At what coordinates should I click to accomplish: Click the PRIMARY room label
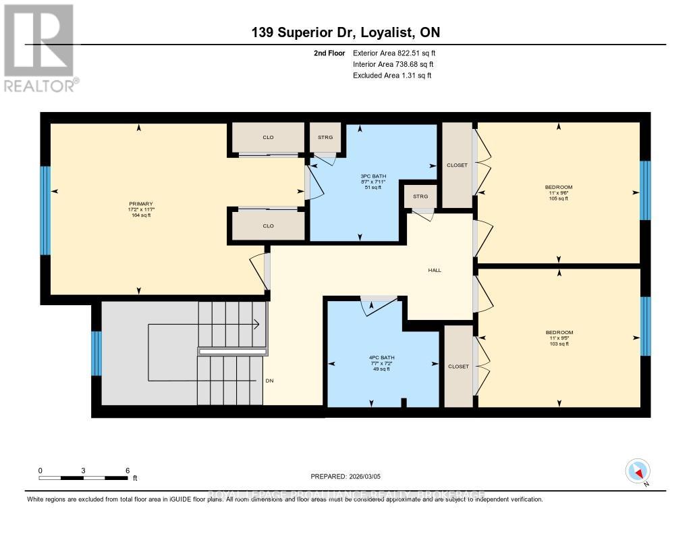click(142, 203)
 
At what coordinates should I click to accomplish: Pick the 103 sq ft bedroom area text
click(559, 344)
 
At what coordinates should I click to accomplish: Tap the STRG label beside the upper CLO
click(325, 137)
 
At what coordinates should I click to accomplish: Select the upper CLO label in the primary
click(268, 137)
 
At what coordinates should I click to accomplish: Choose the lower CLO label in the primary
click(268, 225)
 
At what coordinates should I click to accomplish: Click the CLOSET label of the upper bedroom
click(457, 165)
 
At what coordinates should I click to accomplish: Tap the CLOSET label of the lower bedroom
click(458, 366)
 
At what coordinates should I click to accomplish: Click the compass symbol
click(638, 471)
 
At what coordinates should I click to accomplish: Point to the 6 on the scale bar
click(128, 470)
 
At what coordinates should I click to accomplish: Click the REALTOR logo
click(40, 48)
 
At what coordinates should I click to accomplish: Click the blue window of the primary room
click(45, 211)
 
